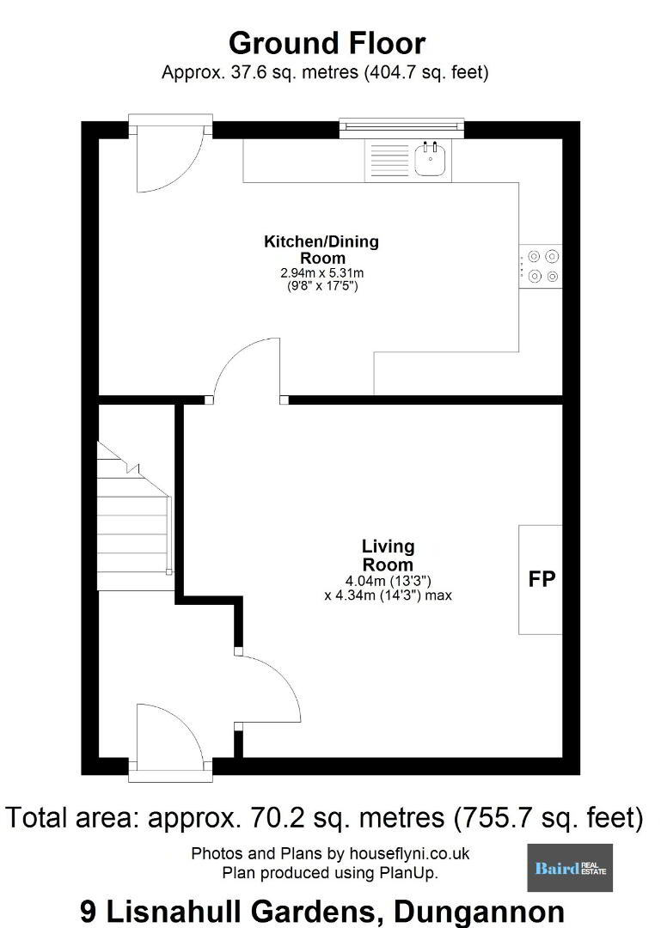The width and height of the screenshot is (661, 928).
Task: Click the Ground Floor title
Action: tap(327, 44)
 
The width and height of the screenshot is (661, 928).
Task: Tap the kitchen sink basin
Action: tap(430, 160)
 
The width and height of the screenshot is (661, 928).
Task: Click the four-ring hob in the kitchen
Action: tap(540, 266)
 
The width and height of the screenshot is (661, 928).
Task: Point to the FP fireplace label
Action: tap(542, 579)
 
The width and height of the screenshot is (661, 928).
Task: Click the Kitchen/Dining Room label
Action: tap(321, 249)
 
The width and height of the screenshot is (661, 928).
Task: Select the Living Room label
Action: tap(388, 555)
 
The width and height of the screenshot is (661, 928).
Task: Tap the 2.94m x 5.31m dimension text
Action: tap(322, 273)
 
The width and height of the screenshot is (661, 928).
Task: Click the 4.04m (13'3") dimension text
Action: tap(388, 581)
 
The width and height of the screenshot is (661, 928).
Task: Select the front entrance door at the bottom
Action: tap(170, 738)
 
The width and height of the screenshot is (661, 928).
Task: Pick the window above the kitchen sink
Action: tap(401, 126)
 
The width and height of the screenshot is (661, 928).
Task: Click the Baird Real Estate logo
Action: tap(570, 868)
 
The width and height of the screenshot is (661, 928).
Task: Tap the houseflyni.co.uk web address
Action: tap(409, 853)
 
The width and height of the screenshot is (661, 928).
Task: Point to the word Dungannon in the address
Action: tap(479, 912)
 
